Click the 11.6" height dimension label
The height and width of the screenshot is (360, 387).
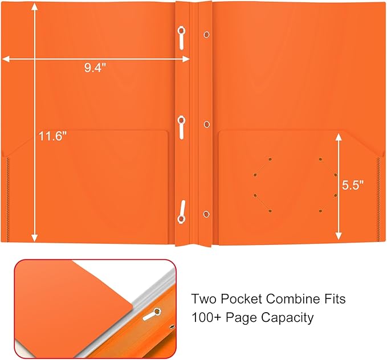[53, 136]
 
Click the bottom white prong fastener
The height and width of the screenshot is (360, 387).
[181, 211]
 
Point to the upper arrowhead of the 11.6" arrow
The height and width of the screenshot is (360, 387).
[35, 7]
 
